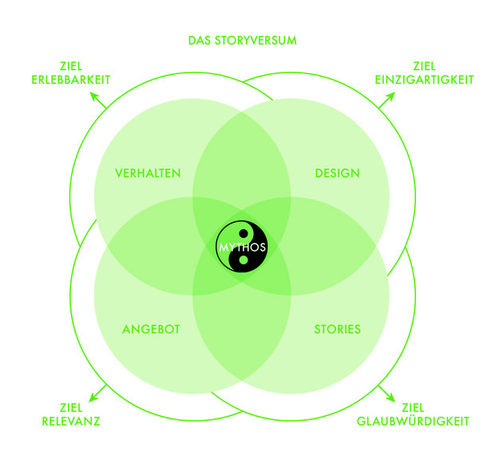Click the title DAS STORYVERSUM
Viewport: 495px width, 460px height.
click(x=243, y=41)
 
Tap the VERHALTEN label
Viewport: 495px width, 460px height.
click(x=148, y=173)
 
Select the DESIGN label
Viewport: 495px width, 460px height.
click(x=338, y=173)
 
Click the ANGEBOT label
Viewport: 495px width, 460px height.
click(x=151, y=329)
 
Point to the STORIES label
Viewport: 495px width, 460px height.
click(x=338, y=329)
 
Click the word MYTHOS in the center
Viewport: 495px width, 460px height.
click(x=243, y=248)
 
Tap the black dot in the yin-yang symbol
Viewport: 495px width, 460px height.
click(x=244, y=234)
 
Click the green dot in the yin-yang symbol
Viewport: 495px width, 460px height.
click(x=244, y=260)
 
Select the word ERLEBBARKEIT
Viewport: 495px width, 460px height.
click(x=71, y=80)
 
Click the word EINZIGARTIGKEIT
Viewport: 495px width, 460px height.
click(x=424, y=80)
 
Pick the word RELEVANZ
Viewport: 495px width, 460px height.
click(x=71, y=421)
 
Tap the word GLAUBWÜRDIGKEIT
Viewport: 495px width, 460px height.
click(x=413, y=421)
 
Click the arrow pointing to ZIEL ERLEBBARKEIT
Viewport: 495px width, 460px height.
click(x=98, y=100)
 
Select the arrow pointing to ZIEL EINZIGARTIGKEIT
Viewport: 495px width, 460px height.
click(x=386, y=100)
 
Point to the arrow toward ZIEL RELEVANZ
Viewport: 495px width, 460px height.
click(x=97, y=394)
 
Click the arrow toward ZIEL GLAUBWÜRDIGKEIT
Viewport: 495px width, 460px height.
click(x=386, y=394)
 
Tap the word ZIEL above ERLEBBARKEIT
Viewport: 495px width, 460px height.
click(x=71, y=66)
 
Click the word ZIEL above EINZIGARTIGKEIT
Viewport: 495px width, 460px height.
click(x=424, y=66)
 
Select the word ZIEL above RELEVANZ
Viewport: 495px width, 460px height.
click(x=71, y=408)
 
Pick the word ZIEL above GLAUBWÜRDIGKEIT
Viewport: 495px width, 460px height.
click(x=413, y=408)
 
